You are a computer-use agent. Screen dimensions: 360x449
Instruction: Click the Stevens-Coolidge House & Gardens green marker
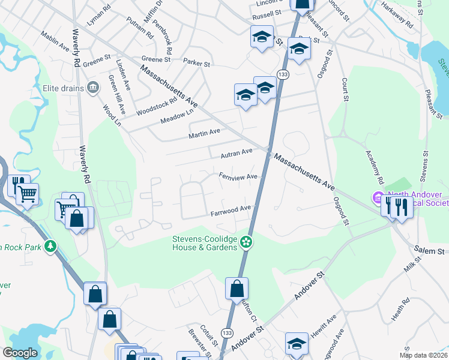[x=246, y=242]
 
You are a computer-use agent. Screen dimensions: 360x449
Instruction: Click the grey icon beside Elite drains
[x=92, y=88]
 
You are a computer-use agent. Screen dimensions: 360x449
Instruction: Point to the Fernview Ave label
[x=238, y=177]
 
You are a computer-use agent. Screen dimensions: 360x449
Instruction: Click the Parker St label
[x=196, y=62]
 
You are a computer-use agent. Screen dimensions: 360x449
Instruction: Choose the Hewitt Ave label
[x=324, y=328]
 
